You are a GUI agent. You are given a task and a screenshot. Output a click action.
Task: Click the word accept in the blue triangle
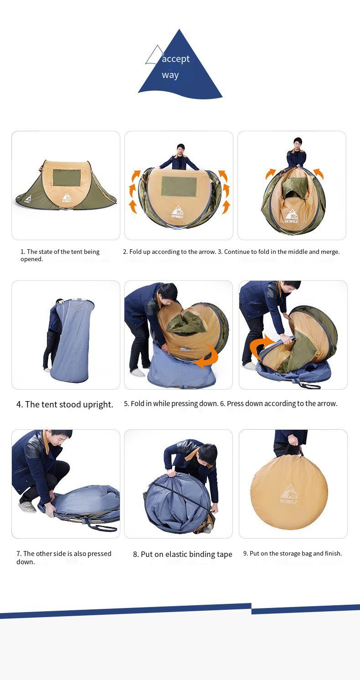point(175,59)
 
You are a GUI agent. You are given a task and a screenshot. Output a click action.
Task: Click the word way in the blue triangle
point(170,75)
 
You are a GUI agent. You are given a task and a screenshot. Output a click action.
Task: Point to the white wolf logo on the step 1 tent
point(67,197)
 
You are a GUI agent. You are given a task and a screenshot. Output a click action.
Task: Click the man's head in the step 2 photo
point(181,149)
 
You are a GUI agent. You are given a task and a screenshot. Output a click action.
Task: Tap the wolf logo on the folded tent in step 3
point(291,216)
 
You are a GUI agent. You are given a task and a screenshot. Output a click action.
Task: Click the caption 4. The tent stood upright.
point(65,404)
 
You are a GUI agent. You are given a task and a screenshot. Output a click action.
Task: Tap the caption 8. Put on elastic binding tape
point(182,554)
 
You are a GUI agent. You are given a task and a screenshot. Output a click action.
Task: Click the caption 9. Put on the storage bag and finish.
point(293,553)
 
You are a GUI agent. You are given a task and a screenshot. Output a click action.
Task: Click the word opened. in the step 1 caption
point(31,259)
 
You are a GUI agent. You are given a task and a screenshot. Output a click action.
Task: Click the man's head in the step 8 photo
point(207,455)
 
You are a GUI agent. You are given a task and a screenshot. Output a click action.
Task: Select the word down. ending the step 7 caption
point(26,562)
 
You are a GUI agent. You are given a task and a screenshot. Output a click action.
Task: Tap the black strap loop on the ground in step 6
point(309,386)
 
